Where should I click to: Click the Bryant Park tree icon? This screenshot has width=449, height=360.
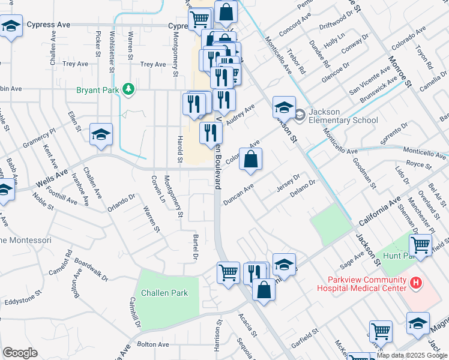pos(127,89)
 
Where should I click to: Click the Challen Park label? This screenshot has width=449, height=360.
pos(164,293)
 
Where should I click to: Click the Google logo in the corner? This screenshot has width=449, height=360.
pos(20,353)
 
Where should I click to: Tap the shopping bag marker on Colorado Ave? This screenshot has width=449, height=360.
pos(252,159)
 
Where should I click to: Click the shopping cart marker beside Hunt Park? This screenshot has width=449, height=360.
pos(420,244)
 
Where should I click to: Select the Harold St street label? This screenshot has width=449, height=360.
pos(179,149)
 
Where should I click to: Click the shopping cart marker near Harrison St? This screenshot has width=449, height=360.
pos(228,273)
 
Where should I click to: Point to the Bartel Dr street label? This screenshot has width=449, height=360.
pos(194,247)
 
